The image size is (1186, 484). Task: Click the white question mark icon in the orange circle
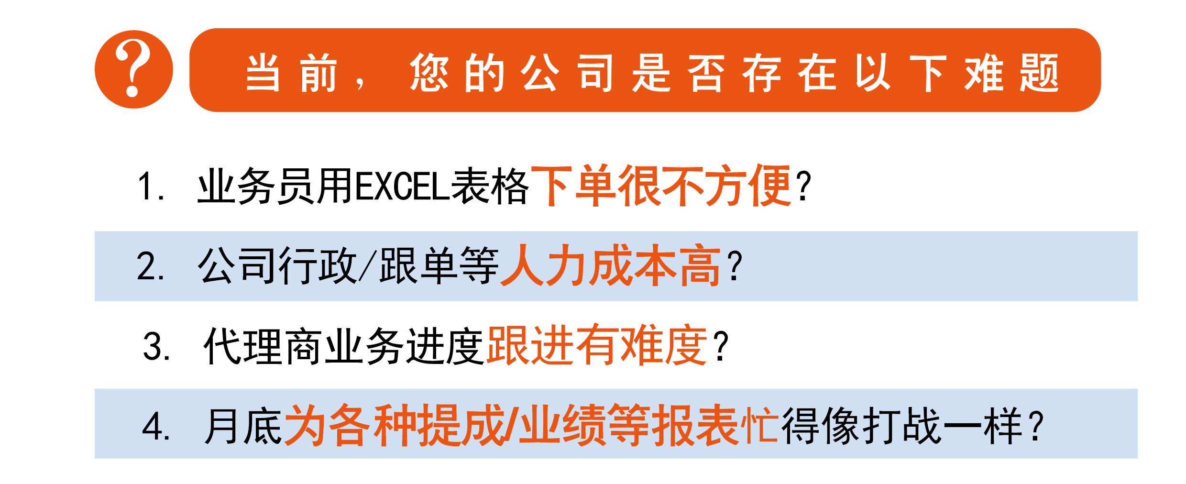pyautogui.click(x=133, y=68)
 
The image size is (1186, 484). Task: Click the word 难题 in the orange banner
pyautogui.click(x=1011, y=73)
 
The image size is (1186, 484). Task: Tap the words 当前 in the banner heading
pyautogui.click(x=291, y=73)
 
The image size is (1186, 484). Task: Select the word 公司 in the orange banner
pyautogui.click(x=566, y=73)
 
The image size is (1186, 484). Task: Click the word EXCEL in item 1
pyautogui.click(x=402, y=187)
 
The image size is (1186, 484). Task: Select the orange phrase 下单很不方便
pyautogui.click(x=660, y=186)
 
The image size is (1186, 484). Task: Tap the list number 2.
pyautogui.click(x=151, y=266)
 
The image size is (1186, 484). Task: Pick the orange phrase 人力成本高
pyautogui.click(x=610, y=265)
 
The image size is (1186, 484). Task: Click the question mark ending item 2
pyautogui.click(x=734, y=266)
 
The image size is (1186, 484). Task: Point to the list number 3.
pyautogui.click(x=156, y=346)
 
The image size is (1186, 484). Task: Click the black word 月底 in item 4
pyautogui.click(x=243, y=426)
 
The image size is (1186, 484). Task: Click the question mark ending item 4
pyautogui.click(x=1035, y=426)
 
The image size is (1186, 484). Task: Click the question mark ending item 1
pyautogui.click(x=803, y=187)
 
